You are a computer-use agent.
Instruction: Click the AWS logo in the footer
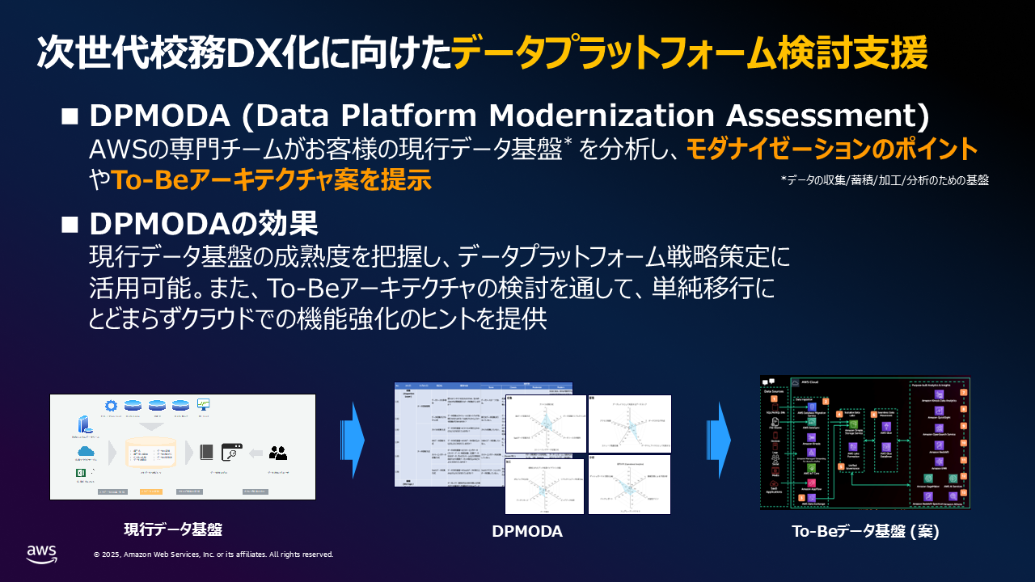(41, 553)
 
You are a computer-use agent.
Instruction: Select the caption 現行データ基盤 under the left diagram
(172, 529)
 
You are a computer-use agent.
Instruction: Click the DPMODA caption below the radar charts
(527, 531)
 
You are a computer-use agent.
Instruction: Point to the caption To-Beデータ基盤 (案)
(865, 531)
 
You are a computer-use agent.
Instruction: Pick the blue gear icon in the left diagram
(111, 405)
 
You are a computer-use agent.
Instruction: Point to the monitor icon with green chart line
(204, 404)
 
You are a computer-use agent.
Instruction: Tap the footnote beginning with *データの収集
(885, 180)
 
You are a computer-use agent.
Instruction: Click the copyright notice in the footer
(213, 555)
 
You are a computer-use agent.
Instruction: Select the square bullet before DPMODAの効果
(70, 222)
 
